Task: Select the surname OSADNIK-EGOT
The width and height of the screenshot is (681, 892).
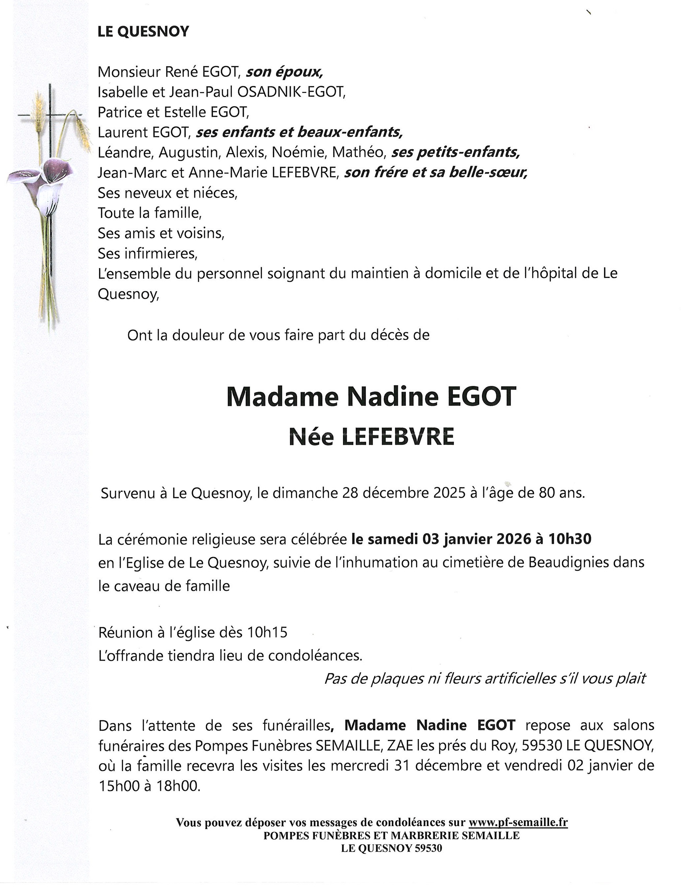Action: [x=290, y=92]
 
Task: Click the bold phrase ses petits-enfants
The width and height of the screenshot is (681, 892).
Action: [x=455, y=153]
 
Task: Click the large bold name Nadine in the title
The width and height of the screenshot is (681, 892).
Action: [x=392, y=396]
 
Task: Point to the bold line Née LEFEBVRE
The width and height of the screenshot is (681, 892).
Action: [x=371, y=437]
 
